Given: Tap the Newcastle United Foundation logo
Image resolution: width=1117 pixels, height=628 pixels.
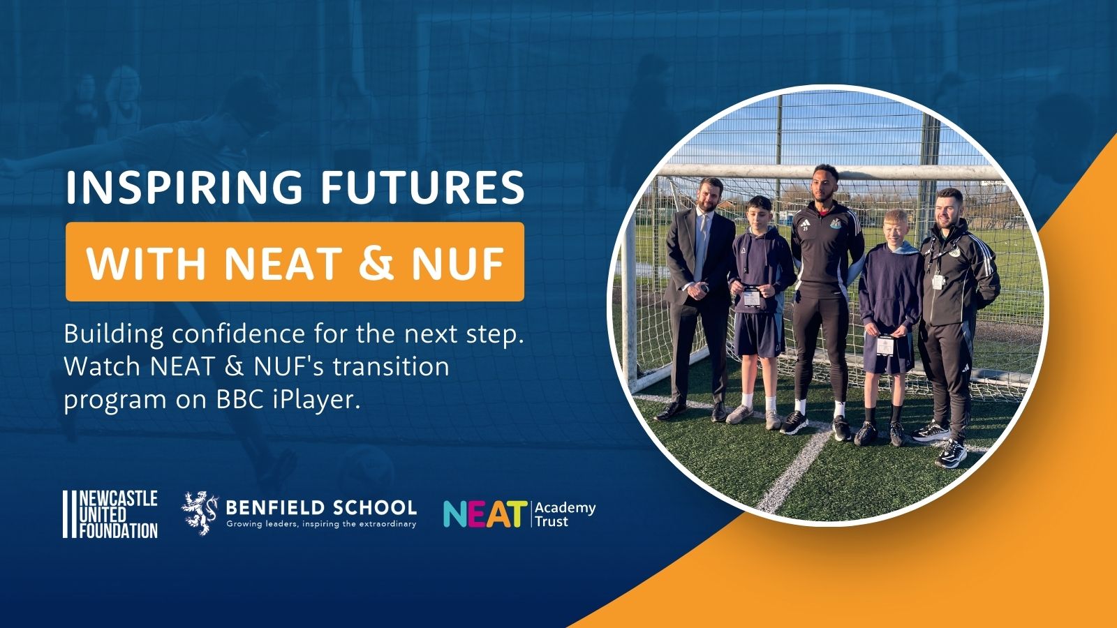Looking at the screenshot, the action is pos(110,514).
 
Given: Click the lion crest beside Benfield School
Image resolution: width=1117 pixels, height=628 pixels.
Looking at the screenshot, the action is pos(200,513).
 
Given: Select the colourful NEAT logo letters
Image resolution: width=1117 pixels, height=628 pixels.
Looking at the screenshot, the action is pos(485,514).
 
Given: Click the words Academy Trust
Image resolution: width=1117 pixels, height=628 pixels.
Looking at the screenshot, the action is pos(565,515).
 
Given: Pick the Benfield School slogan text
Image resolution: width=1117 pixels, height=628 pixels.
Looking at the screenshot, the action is pos(321,524).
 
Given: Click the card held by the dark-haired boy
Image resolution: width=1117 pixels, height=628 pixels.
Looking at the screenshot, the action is pos(751,297).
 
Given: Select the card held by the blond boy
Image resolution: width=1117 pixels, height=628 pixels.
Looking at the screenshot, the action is pos(886,345).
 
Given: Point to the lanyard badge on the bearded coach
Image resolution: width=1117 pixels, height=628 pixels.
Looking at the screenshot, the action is pos(938,282).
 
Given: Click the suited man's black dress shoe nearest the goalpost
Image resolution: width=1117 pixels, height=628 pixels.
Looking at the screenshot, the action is pos(671,411).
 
